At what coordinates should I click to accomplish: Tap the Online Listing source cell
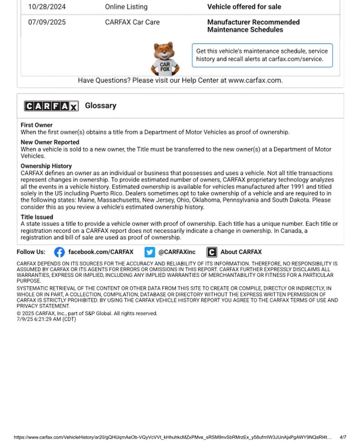(x=126, y=7)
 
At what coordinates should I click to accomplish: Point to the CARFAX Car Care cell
(x=132, y=22)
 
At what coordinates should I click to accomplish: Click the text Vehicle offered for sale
(x=244, y=7)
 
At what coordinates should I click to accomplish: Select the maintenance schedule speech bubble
(x=262, y=55)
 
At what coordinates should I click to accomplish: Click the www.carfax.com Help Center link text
(x=255, y=81)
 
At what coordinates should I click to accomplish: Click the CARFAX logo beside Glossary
(x=51, y=106)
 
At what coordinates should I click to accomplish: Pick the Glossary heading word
(x=101, y=106)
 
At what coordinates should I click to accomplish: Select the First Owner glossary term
(x=36, y=125)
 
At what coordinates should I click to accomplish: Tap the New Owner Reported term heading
(x=50, y=142)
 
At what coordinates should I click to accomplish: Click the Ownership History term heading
(x=46, y=166)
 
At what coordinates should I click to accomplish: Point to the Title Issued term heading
(x=37, y=217)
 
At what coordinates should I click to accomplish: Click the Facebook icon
(x=59, y=252)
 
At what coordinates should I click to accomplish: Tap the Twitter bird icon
(x=150, y=252)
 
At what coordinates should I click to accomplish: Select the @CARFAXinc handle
(x=177, y=252)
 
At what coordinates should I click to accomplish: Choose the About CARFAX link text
(x=241, y=252)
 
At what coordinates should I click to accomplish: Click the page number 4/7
(x=343, y=438)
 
